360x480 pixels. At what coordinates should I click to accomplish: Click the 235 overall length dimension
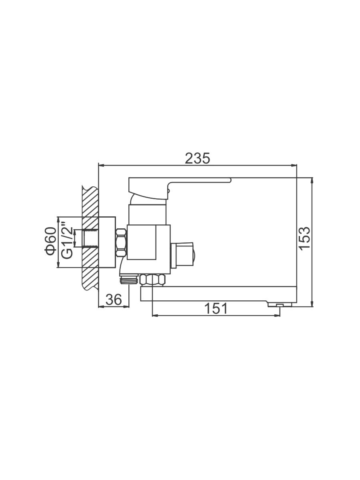197,158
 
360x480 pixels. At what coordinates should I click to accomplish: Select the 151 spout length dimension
216,308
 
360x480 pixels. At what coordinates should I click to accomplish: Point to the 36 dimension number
114,300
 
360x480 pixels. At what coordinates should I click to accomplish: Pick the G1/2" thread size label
67,240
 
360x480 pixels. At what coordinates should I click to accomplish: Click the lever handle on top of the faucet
180,188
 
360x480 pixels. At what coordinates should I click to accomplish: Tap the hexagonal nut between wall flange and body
121,242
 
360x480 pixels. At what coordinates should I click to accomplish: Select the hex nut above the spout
153,280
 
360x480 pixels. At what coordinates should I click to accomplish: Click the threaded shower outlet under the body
129,280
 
